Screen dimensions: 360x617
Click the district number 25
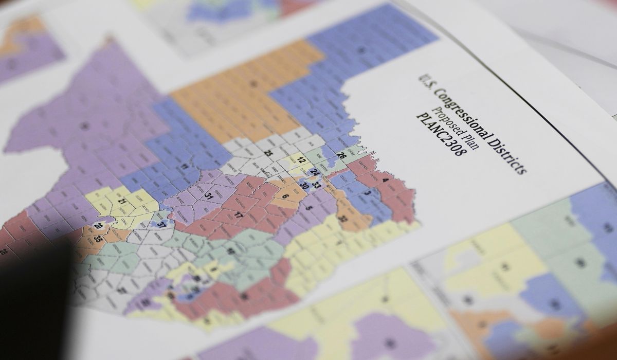268,153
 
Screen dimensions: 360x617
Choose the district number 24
314,172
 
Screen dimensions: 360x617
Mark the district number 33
317,185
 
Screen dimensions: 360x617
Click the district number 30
303,186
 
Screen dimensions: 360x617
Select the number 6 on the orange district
285,196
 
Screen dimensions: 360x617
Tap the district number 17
239,215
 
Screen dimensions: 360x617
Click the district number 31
209,196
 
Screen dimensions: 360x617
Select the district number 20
98,226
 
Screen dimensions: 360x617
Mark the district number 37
162,224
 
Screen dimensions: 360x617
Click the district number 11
184,167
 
